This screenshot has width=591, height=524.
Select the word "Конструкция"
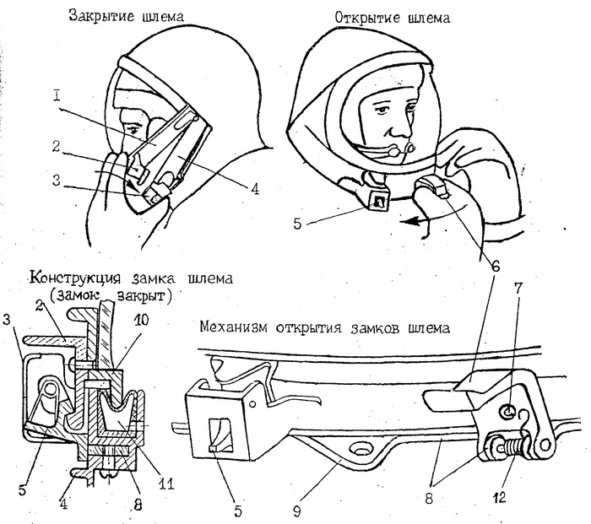(82, 278)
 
